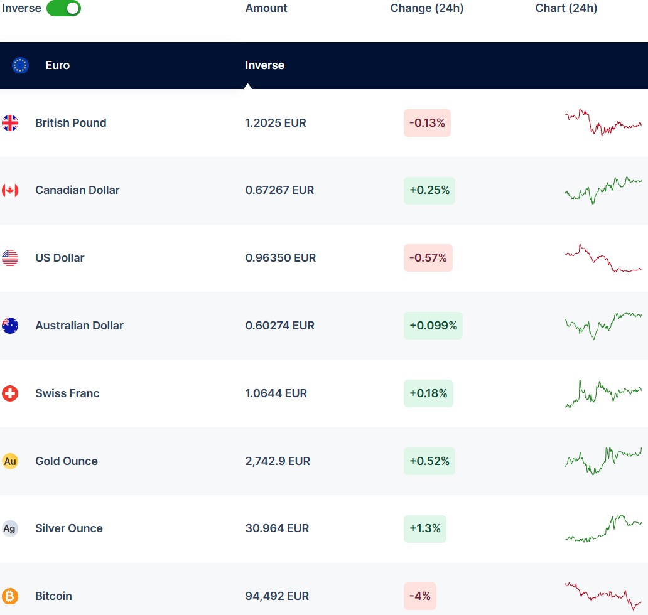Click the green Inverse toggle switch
(63, 8)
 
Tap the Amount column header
(266, 8)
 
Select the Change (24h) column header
(427, 8)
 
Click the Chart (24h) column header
(566, 8)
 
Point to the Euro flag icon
(20, 65)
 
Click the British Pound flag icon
(10, 123)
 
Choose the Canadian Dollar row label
(77, 190)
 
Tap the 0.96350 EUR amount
(281, 258)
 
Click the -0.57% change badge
(428, 258)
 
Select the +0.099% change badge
(433, 326)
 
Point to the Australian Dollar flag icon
(10, 326)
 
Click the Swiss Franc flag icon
(10, 393)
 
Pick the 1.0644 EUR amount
(276, 393)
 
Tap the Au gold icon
(10, 461)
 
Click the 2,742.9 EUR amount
(278, 461)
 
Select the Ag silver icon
(10, 528)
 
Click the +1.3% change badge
(425, 528)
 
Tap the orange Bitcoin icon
(10, 596)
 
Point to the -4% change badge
(420, 596)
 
